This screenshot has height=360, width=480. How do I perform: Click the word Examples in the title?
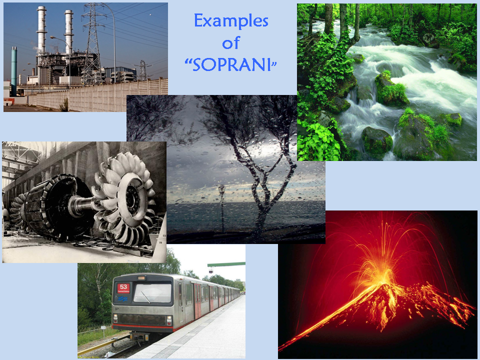point(231,21)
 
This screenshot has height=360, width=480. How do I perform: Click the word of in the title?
point(231,43)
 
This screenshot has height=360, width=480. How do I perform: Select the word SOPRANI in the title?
point(231,64)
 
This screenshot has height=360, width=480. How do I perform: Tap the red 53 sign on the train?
point(123,288)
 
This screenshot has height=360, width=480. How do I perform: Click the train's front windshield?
point(152,293)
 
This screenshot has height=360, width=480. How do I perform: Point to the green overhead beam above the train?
point(226,264)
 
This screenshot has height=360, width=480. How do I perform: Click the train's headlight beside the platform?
point(169,319)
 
